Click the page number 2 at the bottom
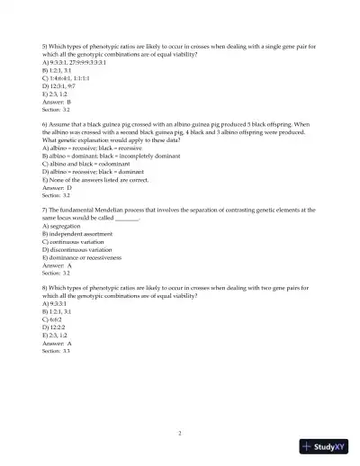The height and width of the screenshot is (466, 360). click(x=180, y=433)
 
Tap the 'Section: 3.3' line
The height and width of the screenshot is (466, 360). click(x=56, y=351)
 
